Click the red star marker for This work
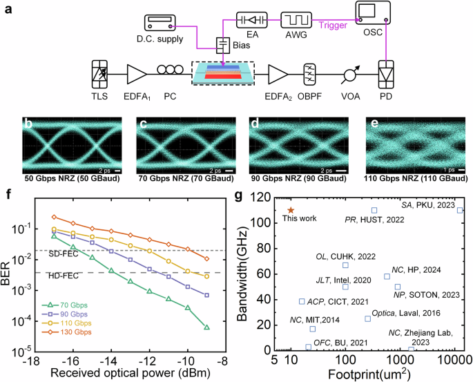point(291,210)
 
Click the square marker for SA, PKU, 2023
point(460,210)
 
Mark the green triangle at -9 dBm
point(207,327)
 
